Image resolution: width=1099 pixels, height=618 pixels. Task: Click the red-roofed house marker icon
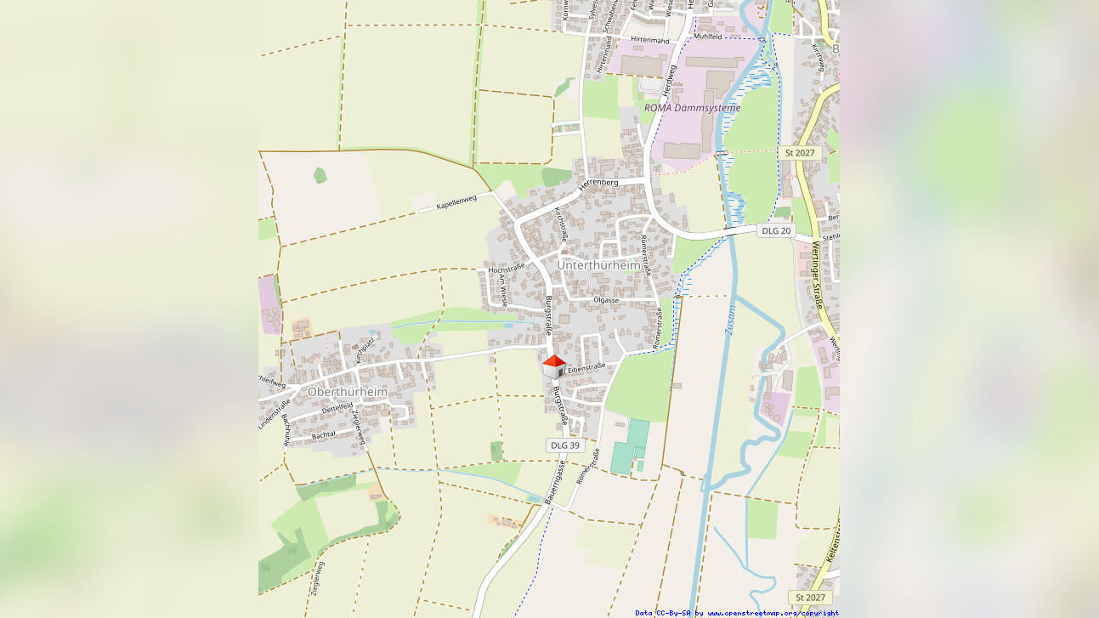pos(553,366)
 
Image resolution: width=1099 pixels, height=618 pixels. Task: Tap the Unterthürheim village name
pos(598,265)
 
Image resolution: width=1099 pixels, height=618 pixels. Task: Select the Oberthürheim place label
pos(347,392)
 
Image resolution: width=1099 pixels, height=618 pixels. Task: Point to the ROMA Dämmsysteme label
pos(692,108)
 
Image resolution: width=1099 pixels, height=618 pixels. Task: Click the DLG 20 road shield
pos(776,230)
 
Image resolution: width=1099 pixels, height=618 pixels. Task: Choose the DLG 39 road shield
pos(564,445)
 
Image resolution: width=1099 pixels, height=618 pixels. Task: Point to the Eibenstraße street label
pos(586,367)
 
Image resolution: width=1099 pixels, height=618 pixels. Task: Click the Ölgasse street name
pos(606,300)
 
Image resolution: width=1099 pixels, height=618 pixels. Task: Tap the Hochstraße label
pos(507,269)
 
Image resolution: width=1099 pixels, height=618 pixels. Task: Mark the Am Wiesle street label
pos(503,290)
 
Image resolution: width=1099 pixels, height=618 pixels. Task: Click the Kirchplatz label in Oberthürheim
pos(365,349)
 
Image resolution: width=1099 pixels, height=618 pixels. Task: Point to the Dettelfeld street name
pos(337,409)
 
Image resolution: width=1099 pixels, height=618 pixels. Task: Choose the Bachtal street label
pos(324,435)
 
